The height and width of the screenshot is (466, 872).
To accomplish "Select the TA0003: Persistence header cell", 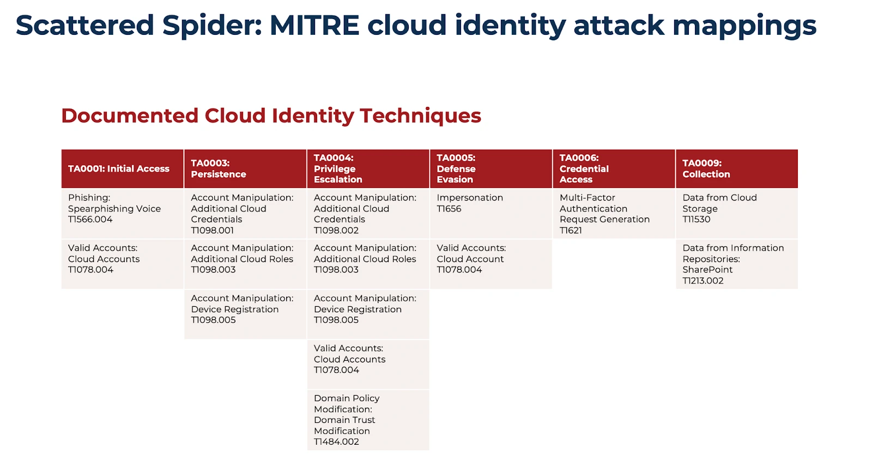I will (245, 169).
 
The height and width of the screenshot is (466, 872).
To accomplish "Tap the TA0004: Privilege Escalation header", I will (368, 169).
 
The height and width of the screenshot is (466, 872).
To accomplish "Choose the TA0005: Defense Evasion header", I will (491, 169).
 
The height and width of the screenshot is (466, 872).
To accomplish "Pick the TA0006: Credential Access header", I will (614, 169).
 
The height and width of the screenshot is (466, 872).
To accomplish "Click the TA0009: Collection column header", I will (736, 169).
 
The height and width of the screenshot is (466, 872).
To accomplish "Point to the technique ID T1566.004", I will (90, 220).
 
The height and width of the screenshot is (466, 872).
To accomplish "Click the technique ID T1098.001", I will (213, 231).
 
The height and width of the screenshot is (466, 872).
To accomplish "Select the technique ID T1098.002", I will (336, 231).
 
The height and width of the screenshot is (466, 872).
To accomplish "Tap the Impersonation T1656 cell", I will (491, 213).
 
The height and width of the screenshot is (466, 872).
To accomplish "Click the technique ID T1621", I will (571, 231).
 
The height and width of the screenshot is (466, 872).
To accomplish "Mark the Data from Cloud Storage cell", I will (736, 213).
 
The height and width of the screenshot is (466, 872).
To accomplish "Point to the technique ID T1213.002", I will (703, 281).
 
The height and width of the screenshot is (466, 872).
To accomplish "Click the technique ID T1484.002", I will (336, 442).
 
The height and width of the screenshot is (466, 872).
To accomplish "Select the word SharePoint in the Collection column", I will (707, 270).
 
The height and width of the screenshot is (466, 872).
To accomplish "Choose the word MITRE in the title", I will (314, 26).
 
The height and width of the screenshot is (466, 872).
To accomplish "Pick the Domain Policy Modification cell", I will (368, 420).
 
